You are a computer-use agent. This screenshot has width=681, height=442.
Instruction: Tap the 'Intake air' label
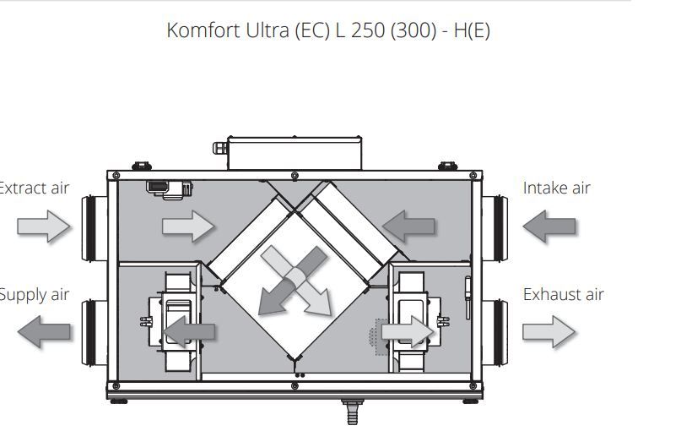(x=556, y=188)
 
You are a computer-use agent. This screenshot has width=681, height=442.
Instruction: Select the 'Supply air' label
(x=34, y=295)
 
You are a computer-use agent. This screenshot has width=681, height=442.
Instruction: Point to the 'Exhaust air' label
(x=563, y=295)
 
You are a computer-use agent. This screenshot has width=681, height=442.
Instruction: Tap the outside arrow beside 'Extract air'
(x=44, y=226)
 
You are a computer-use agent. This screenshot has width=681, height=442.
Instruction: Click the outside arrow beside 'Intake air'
(x=549, y=226)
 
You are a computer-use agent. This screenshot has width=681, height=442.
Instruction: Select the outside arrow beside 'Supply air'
(x=44, y=330)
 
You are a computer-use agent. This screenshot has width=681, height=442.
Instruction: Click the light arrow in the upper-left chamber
(x=188, y=226)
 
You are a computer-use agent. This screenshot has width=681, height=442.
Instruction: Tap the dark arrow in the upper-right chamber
(x=408, y=226)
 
